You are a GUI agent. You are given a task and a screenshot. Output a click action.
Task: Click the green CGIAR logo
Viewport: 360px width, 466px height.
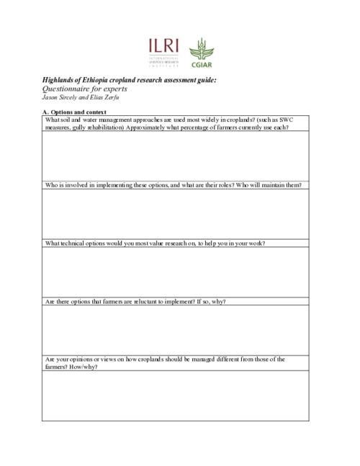coord(201,54)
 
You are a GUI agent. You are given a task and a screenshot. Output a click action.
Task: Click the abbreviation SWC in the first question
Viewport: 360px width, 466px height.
coord(297,119)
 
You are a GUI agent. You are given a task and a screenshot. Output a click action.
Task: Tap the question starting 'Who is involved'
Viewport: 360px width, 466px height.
coord(173,185)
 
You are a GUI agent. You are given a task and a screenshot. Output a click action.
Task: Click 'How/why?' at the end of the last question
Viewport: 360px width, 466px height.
coord(84,367)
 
